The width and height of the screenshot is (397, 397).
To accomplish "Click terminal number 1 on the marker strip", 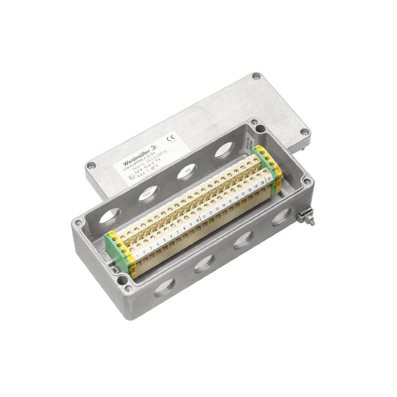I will [x=136, y=253].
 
